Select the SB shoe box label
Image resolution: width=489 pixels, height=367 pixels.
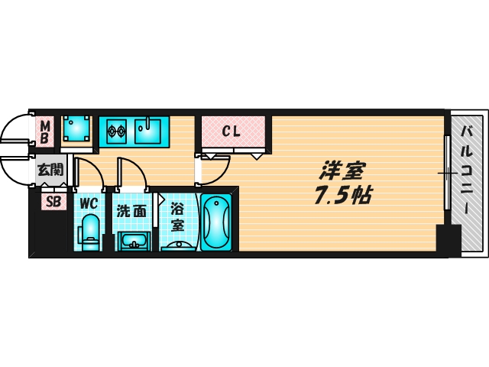coord(53,203)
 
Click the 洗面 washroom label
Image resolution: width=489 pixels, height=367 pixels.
coord(131,212)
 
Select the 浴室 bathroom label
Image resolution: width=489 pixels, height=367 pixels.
coord(176,216)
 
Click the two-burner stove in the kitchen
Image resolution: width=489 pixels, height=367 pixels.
coord(115,132)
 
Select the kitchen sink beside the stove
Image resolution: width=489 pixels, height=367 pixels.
coord(151,131)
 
